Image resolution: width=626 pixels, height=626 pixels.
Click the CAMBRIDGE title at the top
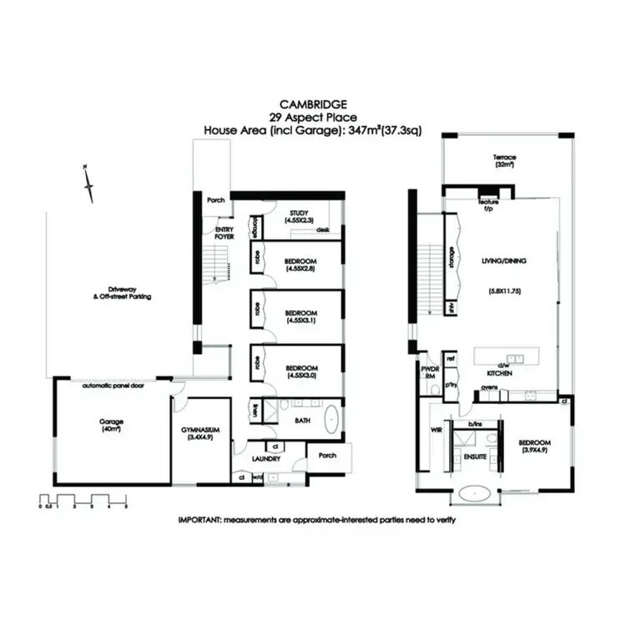312,106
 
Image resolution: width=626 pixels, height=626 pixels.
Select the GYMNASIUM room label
200,431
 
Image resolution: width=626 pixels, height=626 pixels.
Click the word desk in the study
324,230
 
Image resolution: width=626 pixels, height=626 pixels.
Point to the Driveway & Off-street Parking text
123,293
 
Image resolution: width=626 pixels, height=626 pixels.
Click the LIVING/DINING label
504,261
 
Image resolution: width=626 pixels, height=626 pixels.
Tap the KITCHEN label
500,374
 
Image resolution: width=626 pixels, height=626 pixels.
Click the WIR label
433,431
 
